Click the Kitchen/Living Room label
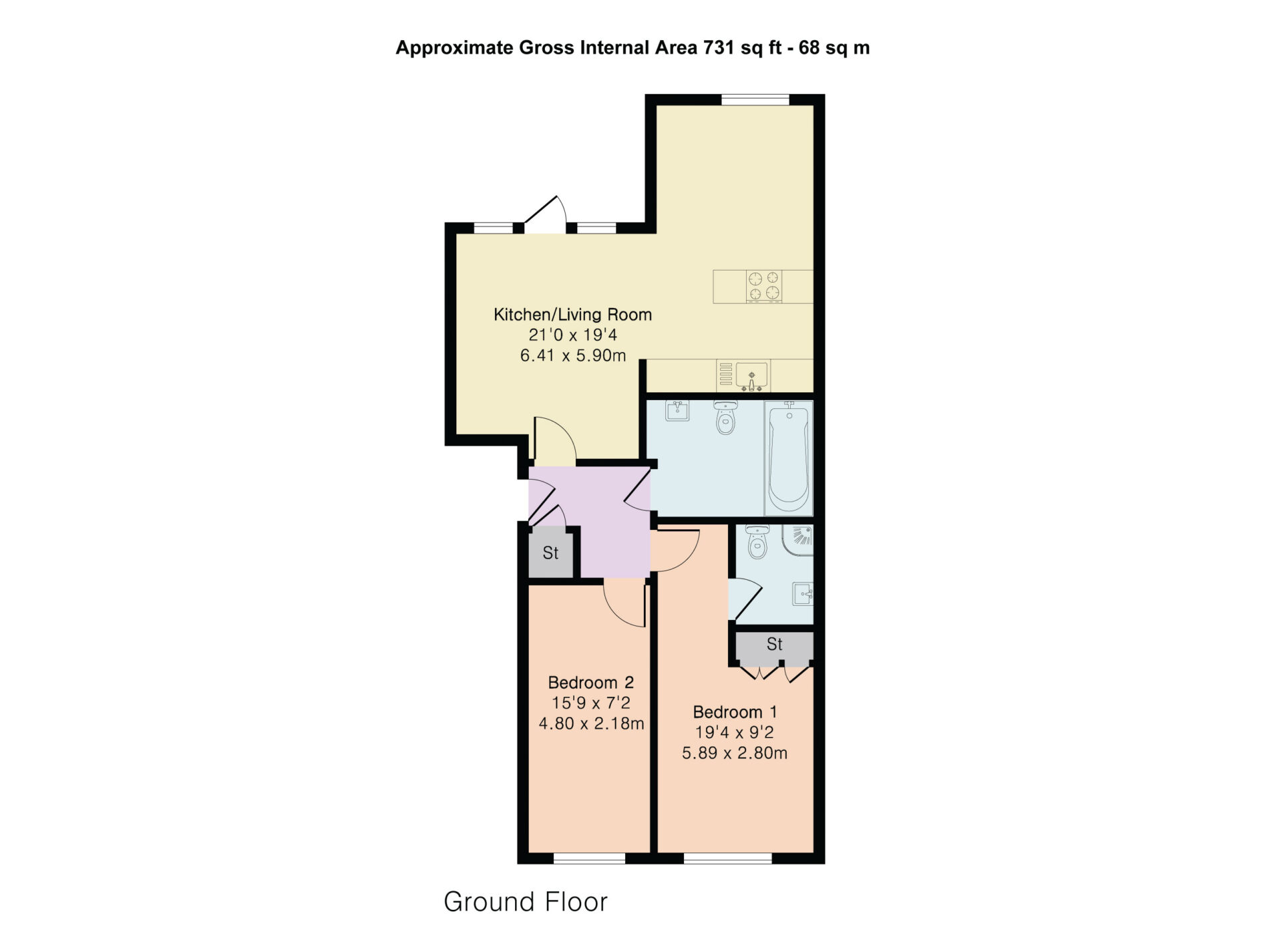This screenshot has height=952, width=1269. pyautogui.click(x=572, y=315)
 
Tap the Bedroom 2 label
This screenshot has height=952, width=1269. pyautogui.click(x=590, y=683)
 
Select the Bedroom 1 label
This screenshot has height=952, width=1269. pyautogui.click(x=735, y=712)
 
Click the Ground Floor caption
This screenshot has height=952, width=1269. pyautogui.click(x=526, y=902)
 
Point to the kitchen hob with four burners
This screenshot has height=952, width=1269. pyautogui.click(x=764, y=286)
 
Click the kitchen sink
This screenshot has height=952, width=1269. pyautogui.click(x=751, y=376)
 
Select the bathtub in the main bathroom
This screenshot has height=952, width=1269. pyautogui.click(x=789, y=458)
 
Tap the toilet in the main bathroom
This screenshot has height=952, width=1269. pyautogui.click(x=725, y=417)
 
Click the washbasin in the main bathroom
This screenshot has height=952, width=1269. pyautogui.click(x=677, y=410)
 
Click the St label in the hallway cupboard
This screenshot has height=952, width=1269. pyautogui.click(x=550, y=553)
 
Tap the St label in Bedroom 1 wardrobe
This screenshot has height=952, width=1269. pyautogui.click(x=774, y=644)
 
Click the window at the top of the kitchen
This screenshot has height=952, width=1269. pyautogui.click(x=755, y=100)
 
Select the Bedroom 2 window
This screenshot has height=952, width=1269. pyautogui.click(x=590, y=858)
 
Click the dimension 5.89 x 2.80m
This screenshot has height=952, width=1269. pyautogui.click(x=735, y=754)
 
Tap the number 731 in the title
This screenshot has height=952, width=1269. pyautogui.click(x=719, y=48)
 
